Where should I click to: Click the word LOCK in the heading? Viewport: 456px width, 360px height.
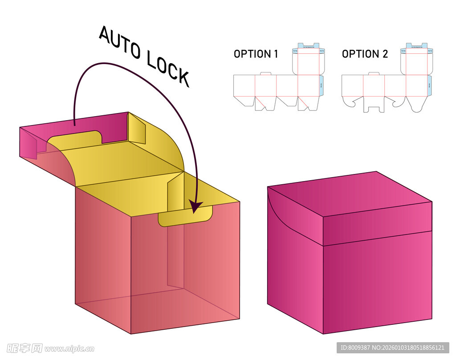point(168,69)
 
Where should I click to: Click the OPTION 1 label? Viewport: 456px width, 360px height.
point(256,54)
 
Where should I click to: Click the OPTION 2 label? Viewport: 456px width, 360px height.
point(365,54)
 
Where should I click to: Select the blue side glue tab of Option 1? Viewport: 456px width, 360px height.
point(322,85)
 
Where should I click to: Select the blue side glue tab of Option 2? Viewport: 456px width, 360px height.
point(429,85)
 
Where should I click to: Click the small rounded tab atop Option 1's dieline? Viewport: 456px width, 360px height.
point(265,73)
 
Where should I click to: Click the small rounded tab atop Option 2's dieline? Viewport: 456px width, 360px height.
point(374,73)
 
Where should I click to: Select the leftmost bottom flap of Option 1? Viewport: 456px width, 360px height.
point(243,100)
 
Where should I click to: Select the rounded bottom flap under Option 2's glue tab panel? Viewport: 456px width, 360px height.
point(416,104)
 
